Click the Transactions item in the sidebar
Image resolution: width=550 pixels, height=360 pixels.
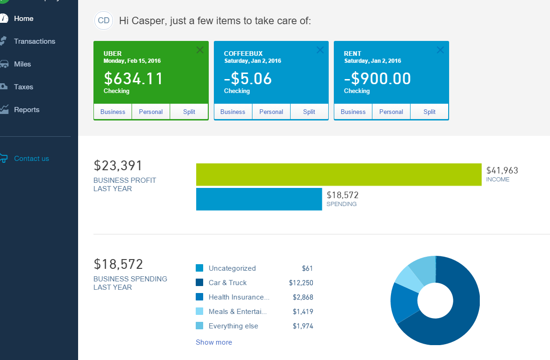[x=34, y=41]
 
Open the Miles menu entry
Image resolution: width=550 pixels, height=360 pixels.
[x=22, y=64]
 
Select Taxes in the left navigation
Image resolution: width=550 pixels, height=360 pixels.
[x=23, y=87]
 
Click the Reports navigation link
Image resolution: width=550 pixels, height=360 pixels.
[x=27, y=110]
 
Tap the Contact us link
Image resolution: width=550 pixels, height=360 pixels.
[x=31, y=159]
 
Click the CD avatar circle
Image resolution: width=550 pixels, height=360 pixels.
[x=104, y=20]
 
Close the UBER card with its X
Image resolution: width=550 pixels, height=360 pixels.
[x=200, y=50]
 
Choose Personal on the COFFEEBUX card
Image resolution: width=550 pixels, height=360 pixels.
[x=271, y=112]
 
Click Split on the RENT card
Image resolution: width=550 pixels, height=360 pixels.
[x=429, y=112]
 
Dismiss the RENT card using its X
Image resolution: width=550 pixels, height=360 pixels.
[x=440, y=50]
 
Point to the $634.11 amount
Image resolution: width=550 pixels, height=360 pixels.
[x=133, y=79]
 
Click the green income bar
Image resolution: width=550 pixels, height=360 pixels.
[x=338, y=174]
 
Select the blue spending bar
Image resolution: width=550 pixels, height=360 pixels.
[x=259, y=199]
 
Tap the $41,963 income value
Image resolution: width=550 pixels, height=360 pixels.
[x=502, y=171]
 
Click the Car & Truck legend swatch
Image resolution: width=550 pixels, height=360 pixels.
[x=199, y=283]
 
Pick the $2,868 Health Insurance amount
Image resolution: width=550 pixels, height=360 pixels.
[x=303, y=297]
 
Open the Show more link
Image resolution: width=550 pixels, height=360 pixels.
[x=214, y=342]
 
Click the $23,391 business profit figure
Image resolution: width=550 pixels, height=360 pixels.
[x=118, y=166]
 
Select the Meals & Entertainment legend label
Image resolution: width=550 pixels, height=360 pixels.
[x=238, y=312]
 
